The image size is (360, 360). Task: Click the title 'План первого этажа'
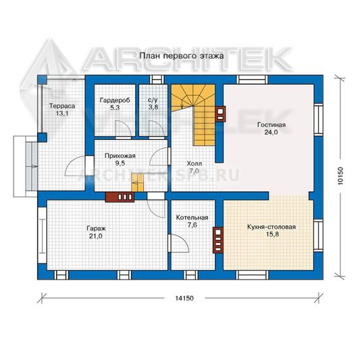[x=182, y=56]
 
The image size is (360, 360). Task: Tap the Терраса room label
[x=62, y=106]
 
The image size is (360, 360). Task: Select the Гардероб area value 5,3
[x=115, y=107]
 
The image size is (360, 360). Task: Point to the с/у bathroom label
[x=153, y=100]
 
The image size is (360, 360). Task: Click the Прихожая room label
[x=120, y=156]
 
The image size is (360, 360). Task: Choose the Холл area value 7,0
[x=195, y=171]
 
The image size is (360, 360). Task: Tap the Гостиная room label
[x=272, y=125]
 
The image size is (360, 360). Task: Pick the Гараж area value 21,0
[x=96, y=236]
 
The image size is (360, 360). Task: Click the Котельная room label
[x=192, y=217]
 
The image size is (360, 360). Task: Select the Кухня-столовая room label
[x=272, y=227]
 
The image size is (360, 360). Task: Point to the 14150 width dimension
[x=184, y=299]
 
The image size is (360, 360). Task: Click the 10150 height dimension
[x=340, y=176]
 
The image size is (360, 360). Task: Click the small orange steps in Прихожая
[x=137, y=182]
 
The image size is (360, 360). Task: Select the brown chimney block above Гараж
[x=120, y=197]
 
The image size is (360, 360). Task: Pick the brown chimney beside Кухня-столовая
[x=218, y=240]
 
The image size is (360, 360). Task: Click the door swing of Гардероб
[x=124, y=129]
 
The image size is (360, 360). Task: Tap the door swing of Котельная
[x=179, y=243]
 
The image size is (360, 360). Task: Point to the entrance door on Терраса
[x=76, y=165]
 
